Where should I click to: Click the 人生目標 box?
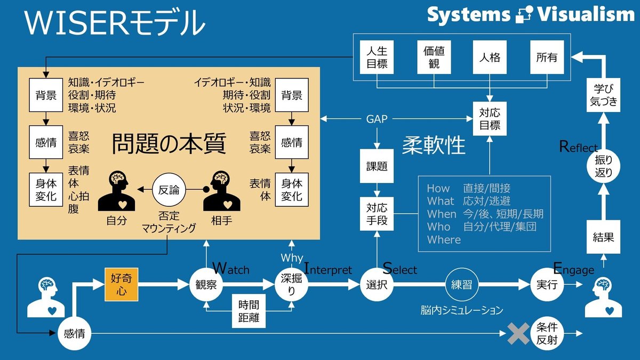[x=377, y=57]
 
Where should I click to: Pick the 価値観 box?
[x=434, y=57]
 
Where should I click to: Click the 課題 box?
[x=377, y=166]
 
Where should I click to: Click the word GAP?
[x=377, y=119]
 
